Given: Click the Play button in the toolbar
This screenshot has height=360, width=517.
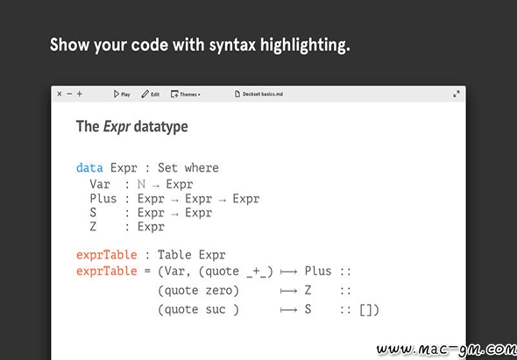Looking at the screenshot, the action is point(122,95).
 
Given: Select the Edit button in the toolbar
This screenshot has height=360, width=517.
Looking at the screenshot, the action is point(151,95).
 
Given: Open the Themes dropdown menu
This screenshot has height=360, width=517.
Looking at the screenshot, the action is point(186,95).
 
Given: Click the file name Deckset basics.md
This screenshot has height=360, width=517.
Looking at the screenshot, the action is point(258,95).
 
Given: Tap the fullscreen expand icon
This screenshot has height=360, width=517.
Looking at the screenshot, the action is point(457,95).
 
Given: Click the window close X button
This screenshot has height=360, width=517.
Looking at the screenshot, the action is point(60,94).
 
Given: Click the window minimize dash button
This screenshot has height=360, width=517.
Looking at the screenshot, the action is point(69,94).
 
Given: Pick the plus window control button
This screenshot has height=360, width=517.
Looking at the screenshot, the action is point(80,94).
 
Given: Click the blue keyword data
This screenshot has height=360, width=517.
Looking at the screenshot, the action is point(89,168).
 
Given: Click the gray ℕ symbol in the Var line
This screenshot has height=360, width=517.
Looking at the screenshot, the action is point(141,184).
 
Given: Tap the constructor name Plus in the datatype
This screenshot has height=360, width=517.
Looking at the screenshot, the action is point(103,199).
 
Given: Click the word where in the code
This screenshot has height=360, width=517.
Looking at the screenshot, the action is point(202,168).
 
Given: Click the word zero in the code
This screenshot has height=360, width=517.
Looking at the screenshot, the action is point(218,291).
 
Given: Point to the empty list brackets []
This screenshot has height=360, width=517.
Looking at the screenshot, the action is point(366,310).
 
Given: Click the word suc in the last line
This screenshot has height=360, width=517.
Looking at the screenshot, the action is point(216,309).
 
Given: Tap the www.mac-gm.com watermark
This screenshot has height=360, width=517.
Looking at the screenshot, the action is point(447,349).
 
